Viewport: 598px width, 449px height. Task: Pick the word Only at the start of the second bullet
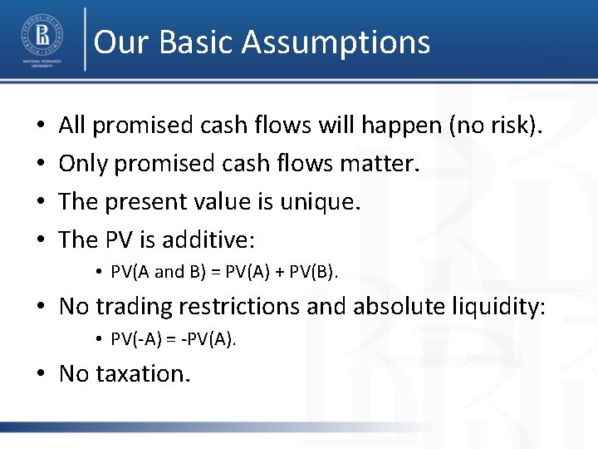pos(83,164)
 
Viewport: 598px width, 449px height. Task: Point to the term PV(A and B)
pos(158,272)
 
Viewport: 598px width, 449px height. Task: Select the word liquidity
pos(498,306)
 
